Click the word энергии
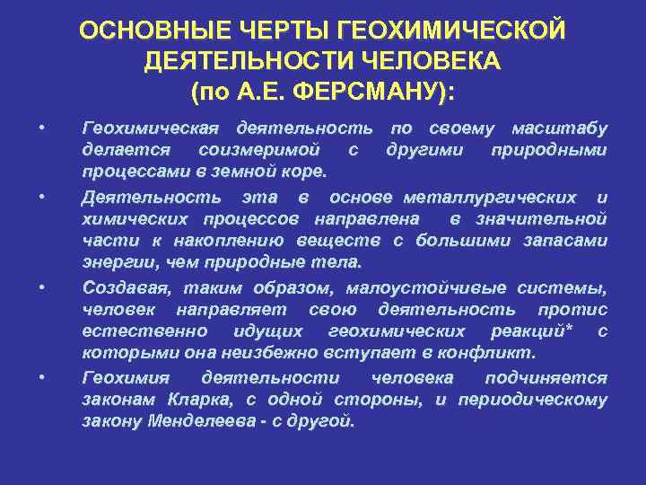[114, 262]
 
